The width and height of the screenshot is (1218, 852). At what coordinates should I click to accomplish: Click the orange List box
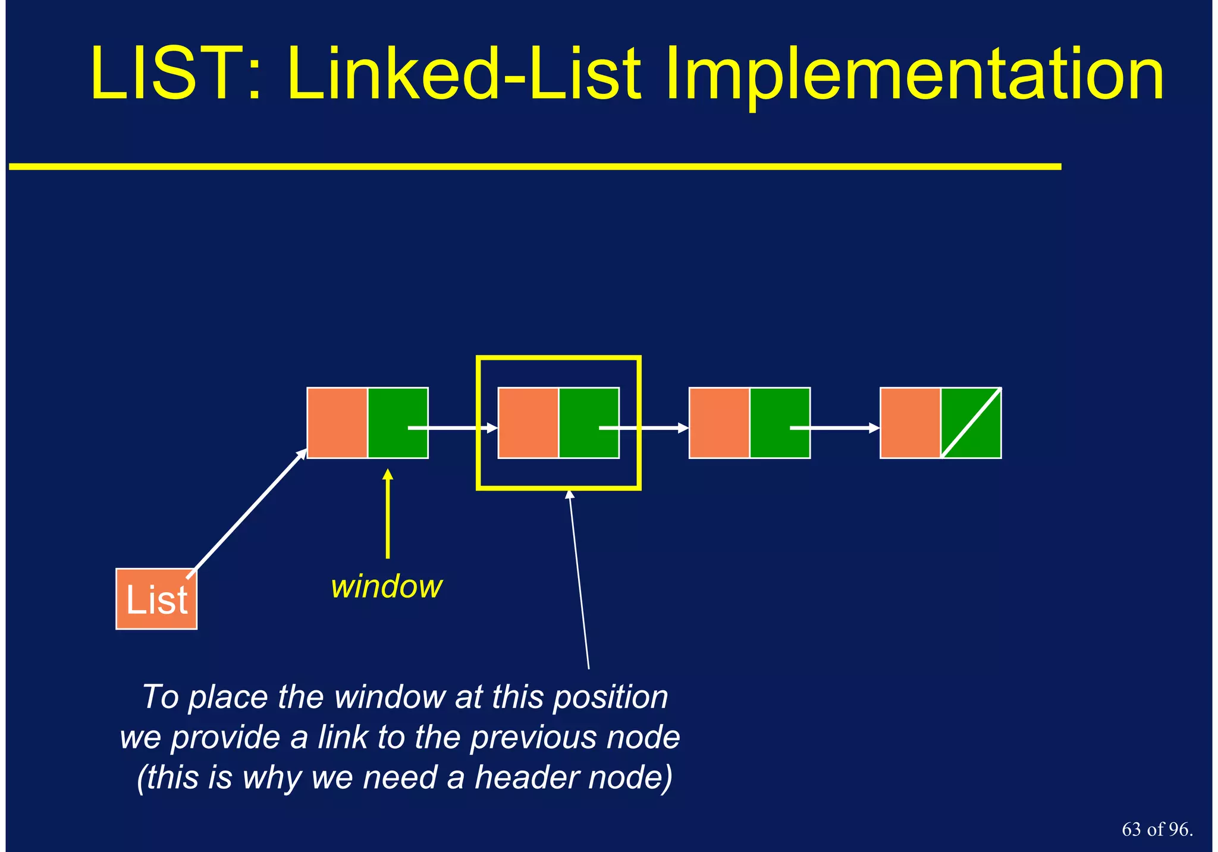156,599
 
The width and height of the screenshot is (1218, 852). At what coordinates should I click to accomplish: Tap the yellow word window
387,587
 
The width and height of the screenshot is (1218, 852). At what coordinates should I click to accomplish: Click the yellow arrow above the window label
388,514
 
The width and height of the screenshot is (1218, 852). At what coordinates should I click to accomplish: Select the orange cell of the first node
337,423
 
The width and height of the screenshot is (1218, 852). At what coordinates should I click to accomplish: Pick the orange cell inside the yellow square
528,423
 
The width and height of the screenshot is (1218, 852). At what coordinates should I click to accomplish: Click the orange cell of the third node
719,423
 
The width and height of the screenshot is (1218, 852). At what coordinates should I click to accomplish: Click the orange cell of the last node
910,423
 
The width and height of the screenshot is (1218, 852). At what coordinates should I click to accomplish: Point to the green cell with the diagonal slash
971,423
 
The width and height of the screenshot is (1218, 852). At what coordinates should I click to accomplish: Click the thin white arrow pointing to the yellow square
579,580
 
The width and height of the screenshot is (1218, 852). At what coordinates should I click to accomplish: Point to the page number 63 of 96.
1157,829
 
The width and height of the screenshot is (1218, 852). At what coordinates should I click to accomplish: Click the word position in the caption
611,698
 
